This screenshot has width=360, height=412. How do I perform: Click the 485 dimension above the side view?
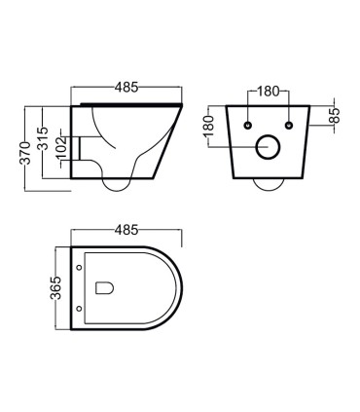pyautogui.click(x=126, y=87)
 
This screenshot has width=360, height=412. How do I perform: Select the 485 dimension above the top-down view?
pyautogui.click(x=126, y=230)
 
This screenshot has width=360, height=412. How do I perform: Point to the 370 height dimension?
pyautogui.click(x=25, y=153)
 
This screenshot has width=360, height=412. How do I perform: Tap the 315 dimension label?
pyautogui.click(x=43, y=138)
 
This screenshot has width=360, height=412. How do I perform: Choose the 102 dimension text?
pyautogui.click(x=60, y=148)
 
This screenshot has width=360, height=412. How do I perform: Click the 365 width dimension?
pyautogui.click(x=57, y=288)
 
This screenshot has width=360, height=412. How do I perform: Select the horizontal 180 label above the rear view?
pyautogui.click(x=269, y=92)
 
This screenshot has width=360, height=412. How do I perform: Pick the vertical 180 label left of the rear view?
pyautogui.click(x=210, y=126)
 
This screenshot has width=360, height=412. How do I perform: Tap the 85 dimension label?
pyautogui.click(x=335, y=115)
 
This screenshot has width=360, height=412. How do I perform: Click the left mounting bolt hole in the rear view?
pyautogui.click(x=248, y=125)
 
